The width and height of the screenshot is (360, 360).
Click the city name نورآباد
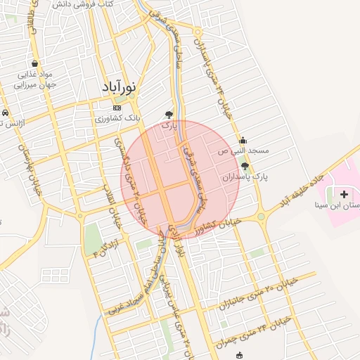click(117, 89)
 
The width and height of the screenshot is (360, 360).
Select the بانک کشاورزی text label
click(119, 118)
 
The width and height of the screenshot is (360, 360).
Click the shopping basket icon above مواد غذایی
click(34, 63)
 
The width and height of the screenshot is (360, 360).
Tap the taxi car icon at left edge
click(4, 112)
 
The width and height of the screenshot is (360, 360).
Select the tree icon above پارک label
click(169, 114)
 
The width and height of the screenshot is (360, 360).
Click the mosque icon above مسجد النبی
click(243, 139)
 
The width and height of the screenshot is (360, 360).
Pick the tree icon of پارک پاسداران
click(245, 166)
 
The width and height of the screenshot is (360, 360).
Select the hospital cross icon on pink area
click(344, 193)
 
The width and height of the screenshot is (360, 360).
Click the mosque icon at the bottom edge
click(240, 355)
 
